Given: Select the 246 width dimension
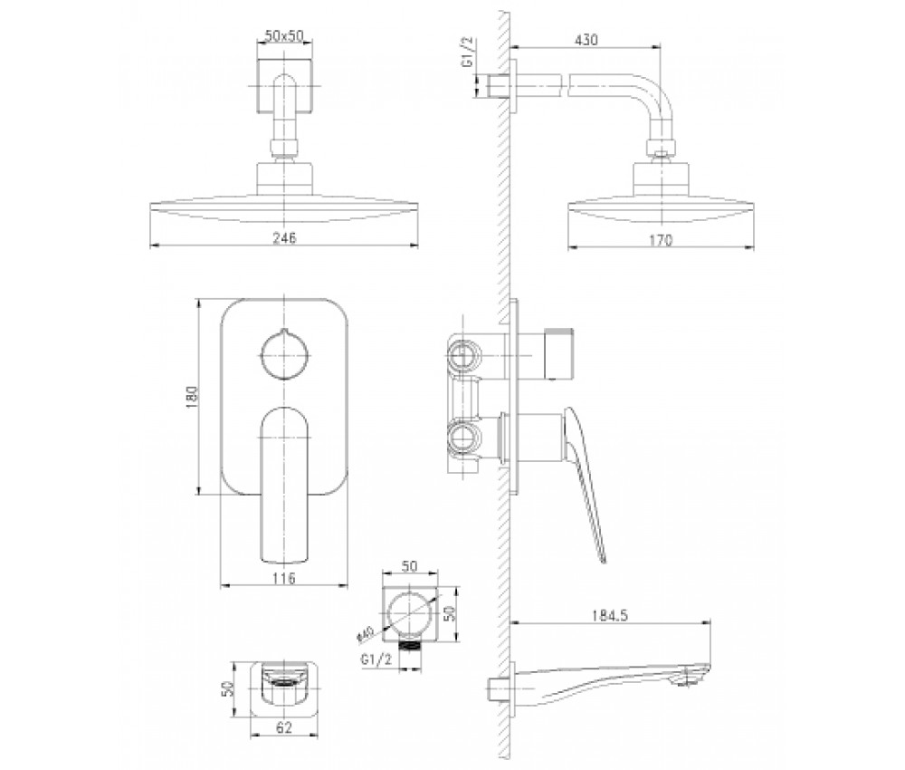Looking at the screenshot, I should click(284, 237).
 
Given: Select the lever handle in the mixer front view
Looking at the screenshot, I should click(284, 485).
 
